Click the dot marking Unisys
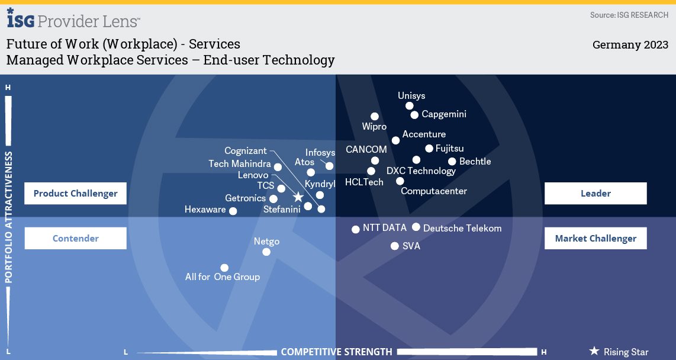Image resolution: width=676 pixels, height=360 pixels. [410, 106]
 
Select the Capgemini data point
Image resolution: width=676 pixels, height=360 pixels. [415, 115]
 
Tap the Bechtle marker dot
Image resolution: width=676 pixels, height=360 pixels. [452, 162]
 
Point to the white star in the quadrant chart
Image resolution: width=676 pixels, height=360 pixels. [298, 197]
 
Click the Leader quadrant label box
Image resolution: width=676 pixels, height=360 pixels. [595, 194]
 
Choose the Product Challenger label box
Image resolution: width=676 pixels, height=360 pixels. [76, 194]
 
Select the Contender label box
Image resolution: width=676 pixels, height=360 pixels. [76, 239]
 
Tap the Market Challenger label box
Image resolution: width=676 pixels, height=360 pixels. [595, 239]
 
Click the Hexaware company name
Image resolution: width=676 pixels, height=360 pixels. [205, 210]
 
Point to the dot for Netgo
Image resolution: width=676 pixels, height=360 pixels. [266, 252]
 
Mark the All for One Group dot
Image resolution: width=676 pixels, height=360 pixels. [224, 268]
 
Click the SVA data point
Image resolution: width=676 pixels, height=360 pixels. [395, 246]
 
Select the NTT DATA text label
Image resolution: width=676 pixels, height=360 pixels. [385, 227]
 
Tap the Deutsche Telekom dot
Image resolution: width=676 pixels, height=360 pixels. [416, 227]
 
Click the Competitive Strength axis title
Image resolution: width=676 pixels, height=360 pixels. [336, 352]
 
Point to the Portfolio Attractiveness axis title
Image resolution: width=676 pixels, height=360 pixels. [9, 217]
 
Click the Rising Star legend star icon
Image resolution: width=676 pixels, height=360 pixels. [594, 351]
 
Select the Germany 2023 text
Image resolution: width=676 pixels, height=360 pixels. [630, 45]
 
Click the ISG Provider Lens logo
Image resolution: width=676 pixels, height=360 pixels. [73, 20]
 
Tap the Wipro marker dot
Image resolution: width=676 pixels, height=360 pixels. [375, 117]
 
